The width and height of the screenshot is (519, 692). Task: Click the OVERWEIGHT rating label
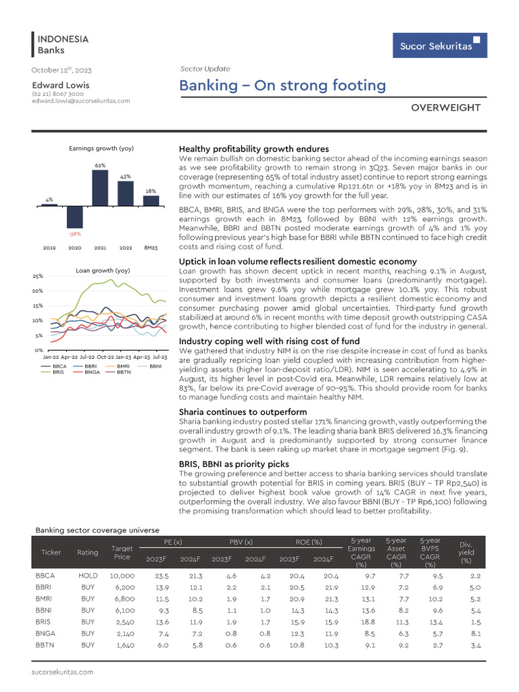[446, 107]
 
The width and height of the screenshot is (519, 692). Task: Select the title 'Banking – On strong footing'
[282, 86]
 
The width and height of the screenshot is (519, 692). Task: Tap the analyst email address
[80, 101]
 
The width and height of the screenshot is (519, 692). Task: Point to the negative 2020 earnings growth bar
[74, 216]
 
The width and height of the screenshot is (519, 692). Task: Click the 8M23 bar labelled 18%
[151, 200]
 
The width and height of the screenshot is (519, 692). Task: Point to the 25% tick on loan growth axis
[37, 276]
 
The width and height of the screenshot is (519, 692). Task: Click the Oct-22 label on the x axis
[105, 356]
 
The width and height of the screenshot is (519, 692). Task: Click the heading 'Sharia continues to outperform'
[243, 412]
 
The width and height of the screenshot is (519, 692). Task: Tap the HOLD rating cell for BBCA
[88, 576]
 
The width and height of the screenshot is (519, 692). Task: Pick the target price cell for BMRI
[122, 599]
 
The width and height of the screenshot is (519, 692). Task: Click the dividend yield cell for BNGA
[474, 634]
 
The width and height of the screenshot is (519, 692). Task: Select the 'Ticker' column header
[51, 552]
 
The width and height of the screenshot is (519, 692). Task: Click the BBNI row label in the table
[45, 611]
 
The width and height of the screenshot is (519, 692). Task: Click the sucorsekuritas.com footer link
[62, 672]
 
